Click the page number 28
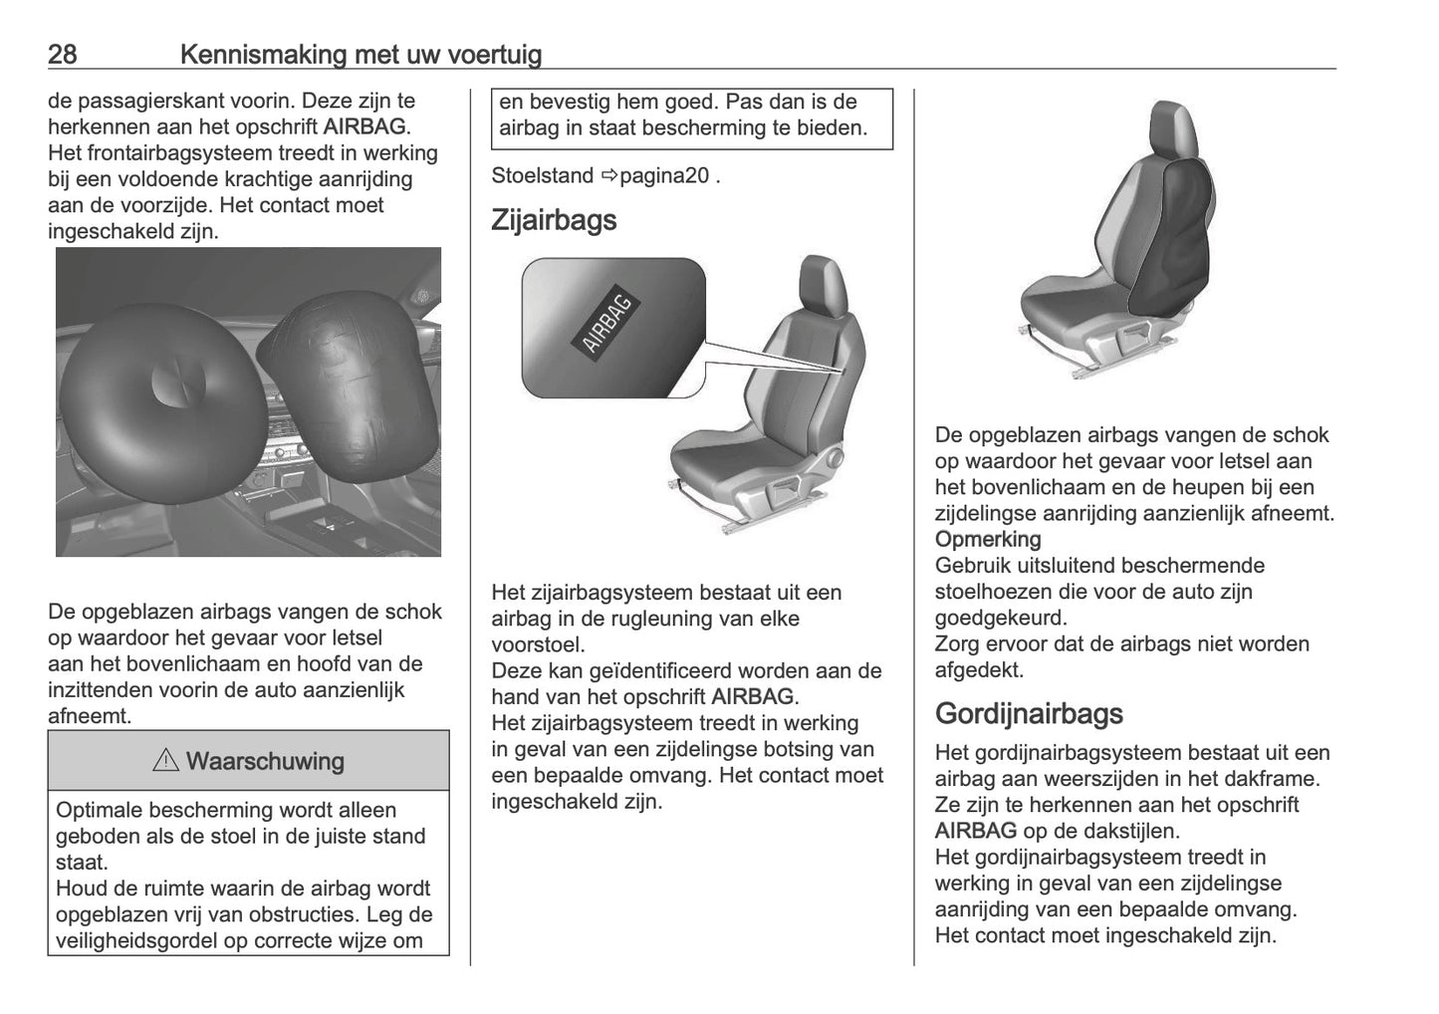pyautogui.click(x=62, y=54)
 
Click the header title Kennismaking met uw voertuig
pyautogui.click(x=360, y=54)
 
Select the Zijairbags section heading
pyautogui.click(x=554, y=220)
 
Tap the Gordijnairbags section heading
pyautogui.click(x=1029, y=713)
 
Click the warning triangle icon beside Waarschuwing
pyautogui.click(x=164, y=761)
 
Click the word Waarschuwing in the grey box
pyautogui.click(x=265, y=761)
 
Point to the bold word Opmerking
pyautogui.click(x=988, y=539)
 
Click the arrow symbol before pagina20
pyautogui.click(x=609, y=176)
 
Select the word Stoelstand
pyautogui.click(x=543, y=175)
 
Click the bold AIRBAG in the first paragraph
pyautogui.click(x=365, y=127)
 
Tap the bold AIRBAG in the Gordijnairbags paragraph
pyautogui.click(x=975, y=831)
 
